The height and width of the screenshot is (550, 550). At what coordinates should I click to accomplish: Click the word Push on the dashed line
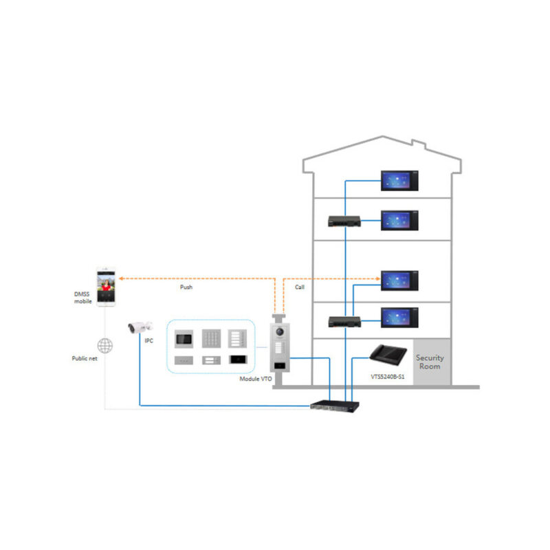click(186, 287)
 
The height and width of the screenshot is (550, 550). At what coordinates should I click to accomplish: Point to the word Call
click(300, 287)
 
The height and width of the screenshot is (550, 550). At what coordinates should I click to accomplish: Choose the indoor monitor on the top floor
click(400, 181)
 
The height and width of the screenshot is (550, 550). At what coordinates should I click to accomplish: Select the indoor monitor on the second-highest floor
click(400, 220)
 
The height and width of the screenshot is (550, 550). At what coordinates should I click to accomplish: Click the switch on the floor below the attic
click(343, 221)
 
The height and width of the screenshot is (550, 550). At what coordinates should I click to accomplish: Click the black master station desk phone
click(388, 356)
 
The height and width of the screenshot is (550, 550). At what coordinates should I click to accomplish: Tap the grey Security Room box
click(430, 362)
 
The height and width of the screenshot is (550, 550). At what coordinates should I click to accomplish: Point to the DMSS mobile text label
click(82, 297)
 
